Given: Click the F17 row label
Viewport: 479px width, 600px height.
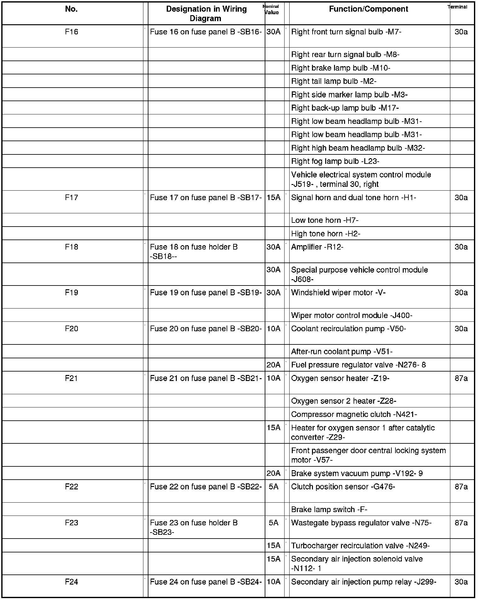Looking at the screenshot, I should coord(72,198).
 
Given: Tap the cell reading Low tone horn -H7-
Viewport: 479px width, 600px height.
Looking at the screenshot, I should coord(325,220).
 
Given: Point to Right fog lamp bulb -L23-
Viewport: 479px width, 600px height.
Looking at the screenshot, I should coord(335,161).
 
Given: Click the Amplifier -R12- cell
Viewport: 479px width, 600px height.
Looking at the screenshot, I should coord(317,247).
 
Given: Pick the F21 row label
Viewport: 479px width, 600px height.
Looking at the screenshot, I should coord(72,378).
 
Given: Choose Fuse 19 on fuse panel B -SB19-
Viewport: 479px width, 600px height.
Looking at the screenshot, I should coord(206,293).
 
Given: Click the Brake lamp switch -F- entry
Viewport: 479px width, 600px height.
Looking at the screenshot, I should coord(329,510).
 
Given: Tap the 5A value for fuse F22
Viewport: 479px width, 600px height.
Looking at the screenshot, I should coord(274,487).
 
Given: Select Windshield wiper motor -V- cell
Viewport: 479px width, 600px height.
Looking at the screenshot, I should coord(338,293).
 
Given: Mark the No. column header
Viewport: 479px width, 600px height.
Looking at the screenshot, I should coord(72,9).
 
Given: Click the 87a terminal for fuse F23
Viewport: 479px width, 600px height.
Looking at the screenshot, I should coord(461,523).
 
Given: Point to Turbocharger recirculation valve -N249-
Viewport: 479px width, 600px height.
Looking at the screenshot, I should coord(360,546).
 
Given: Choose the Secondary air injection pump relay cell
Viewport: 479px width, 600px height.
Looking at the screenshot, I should coord(363,582).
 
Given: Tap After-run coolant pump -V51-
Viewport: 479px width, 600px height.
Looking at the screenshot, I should coord(342,352).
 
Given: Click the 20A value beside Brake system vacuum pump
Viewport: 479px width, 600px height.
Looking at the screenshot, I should coord(274,473).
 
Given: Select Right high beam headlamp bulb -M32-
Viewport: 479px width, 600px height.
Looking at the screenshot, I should coord(358,148).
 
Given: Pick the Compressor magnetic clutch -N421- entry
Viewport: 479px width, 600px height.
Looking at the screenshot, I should coord(354,414).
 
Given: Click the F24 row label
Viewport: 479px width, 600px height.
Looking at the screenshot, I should coord(72,582).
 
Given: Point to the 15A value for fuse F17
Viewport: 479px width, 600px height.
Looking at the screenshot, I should coord(274,198).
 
